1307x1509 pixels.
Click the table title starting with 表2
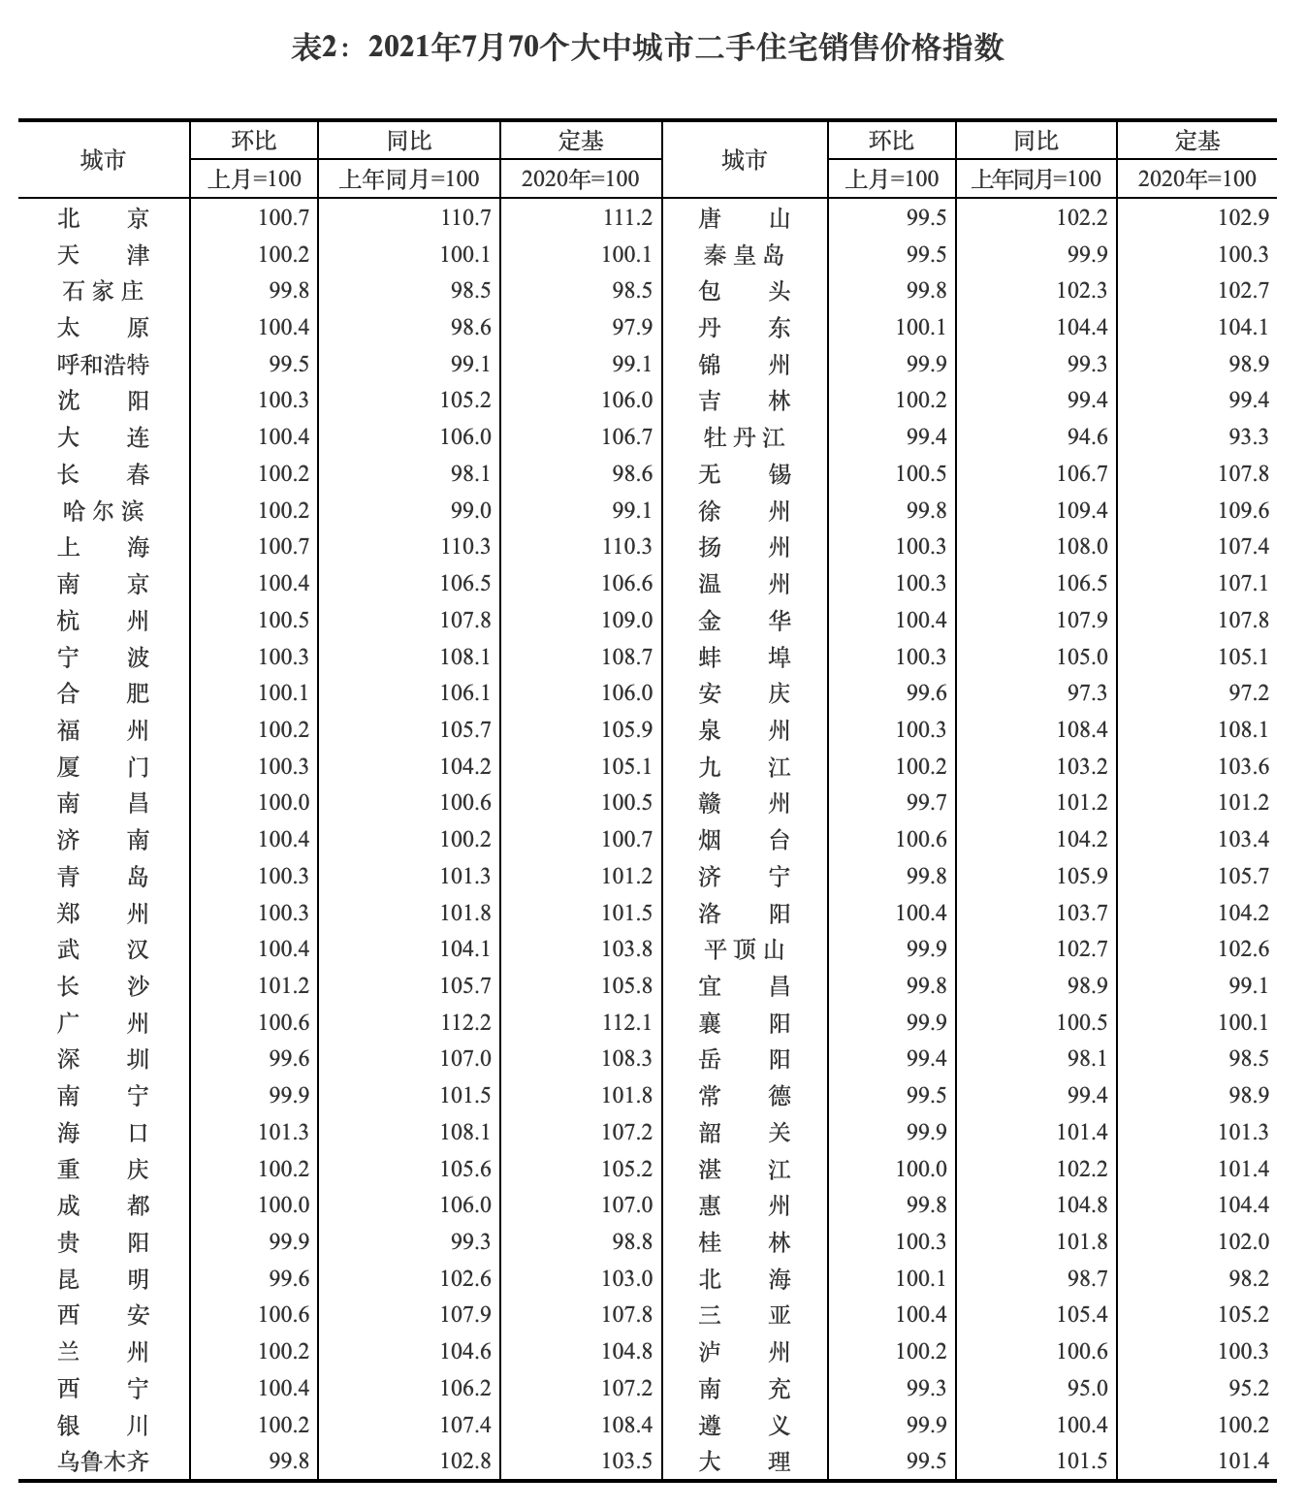point(648,48)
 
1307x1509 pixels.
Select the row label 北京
point(103,218)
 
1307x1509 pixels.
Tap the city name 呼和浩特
point(103,365)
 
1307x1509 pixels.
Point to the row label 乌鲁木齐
point(103,1461)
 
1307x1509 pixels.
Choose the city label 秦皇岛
point(744,255)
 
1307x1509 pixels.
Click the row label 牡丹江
point(744,437)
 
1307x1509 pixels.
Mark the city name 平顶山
point(744,949)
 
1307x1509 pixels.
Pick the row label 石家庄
point(103,291)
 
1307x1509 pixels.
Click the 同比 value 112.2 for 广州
point(465,1022)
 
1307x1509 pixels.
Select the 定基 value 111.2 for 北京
point(626,218)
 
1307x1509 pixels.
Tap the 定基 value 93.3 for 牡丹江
point(1248,437)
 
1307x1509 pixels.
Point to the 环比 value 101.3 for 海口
point(283,1132)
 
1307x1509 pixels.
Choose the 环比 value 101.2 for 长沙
point(283,986)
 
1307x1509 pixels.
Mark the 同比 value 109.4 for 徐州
point(1081,511)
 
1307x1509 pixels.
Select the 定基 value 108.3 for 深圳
point(626,1059)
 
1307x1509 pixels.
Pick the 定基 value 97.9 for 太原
point(632,328)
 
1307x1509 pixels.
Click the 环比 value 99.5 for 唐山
point(926,218)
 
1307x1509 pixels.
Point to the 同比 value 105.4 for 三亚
point(1081,1315)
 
